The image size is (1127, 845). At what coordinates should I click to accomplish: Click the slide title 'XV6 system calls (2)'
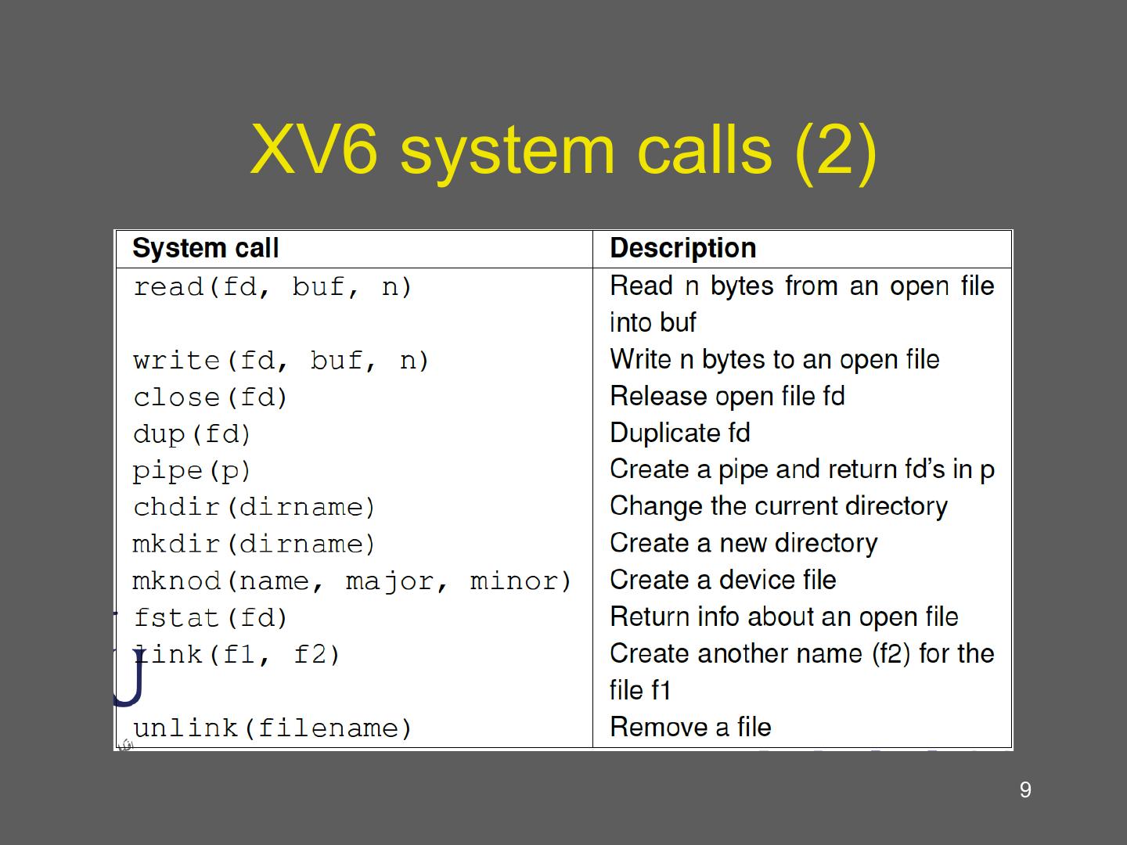[x=563, y=150]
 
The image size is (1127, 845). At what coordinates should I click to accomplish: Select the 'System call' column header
[x=205, y=249]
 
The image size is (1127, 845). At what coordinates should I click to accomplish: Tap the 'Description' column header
[x=682, y=249]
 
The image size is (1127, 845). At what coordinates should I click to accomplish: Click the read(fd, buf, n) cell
[x=272, y=287]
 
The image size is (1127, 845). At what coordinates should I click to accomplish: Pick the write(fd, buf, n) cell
[x=281, y=361]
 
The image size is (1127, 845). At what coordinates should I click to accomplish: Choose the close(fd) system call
[x=211, y=397]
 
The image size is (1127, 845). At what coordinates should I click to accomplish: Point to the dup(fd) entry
[x=192, y=434]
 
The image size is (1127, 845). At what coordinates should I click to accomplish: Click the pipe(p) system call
[x=192, y=471]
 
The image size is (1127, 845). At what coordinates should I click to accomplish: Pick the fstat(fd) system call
[x=211, y=618]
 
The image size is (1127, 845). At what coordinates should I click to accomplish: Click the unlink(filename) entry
[x=272, y=728]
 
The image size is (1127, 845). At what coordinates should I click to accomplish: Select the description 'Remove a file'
[x=690, y=728]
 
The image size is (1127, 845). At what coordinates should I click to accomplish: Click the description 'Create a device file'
[x=722, y=581]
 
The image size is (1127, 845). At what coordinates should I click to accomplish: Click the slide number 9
[x=1025, y=790]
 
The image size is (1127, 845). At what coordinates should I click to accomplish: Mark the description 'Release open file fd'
[x=727, y=397]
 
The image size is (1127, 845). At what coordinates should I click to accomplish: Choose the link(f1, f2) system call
[x=237, y=655]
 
